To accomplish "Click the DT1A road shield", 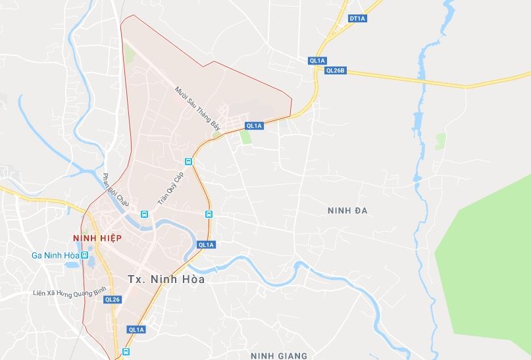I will coord(358,18).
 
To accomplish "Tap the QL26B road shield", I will coord(335,70).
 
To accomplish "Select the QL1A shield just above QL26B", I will coord(317,61).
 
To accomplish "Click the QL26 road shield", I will coord(113,299).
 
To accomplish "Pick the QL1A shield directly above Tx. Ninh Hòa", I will coord(206,245).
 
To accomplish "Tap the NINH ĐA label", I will coord(347,211).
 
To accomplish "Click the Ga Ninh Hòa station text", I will coord(55,255).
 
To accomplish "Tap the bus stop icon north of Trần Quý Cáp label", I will coord(188,161).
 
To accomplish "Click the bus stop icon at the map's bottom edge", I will coord(126,352).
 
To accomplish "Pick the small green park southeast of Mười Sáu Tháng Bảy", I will coord(246,137).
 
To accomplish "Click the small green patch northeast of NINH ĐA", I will coord(440,141).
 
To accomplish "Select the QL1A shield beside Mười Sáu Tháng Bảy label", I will coord(254,126).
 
